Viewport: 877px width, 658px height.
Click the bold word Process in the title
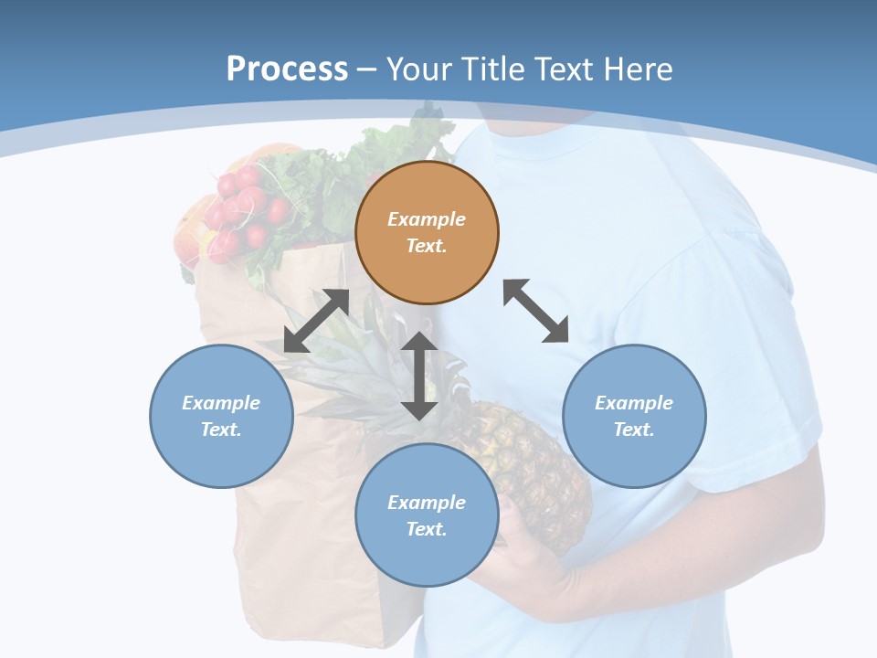[287, 69]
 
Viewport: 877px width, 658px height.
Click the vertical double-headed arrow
[419, 376]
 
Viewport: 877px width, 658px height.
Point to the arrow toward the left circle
[316, 321]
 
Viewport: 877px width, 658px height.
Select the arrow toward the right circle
[536, 311]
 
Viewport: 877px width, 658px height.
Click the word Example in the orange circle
[427, 219]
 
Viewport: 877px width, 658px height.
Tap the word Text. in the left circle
[221, 430]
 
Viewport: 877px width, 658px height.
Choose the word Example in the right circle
[634, 403]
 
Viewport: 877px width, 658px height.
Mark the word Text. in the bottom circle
[427, 529]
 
